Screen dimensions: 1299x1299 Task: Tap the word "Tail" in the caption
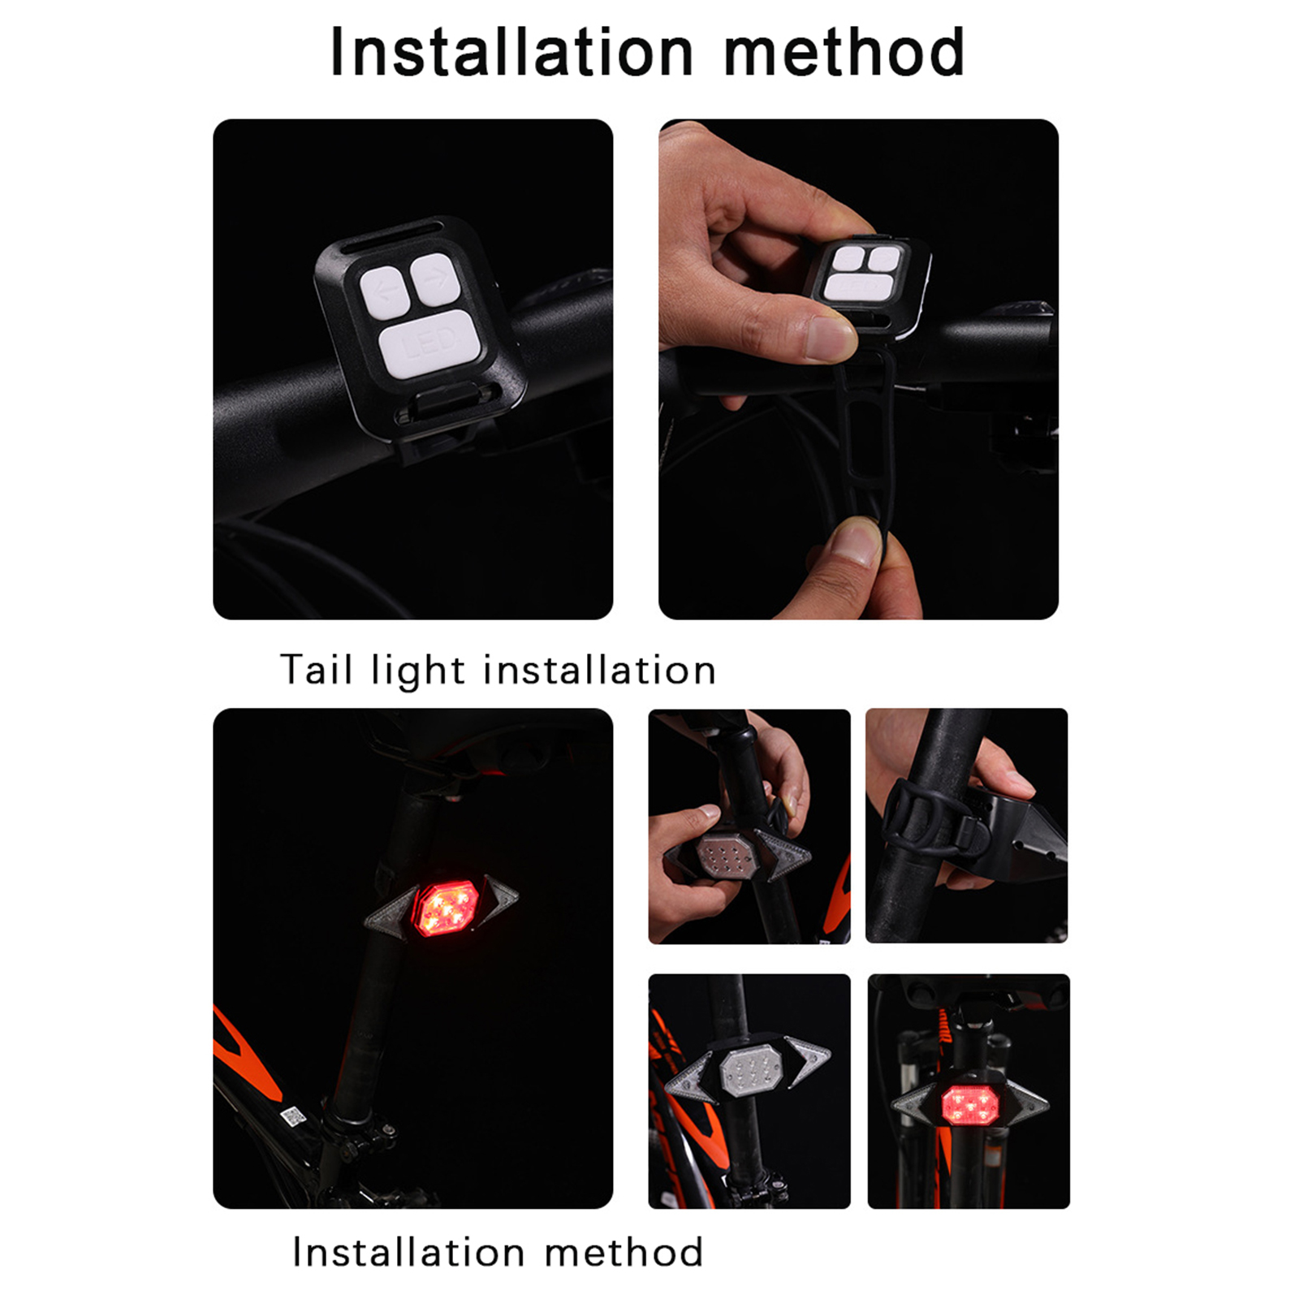coord(316,670)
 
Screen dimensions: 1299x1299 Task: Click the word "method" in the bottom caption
coord(624,1252)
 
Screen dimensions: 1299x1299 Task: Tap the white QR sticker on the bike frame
coord(292,1116)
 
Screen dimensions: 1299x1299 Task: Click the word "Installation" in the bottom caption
coord(408,1252)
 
